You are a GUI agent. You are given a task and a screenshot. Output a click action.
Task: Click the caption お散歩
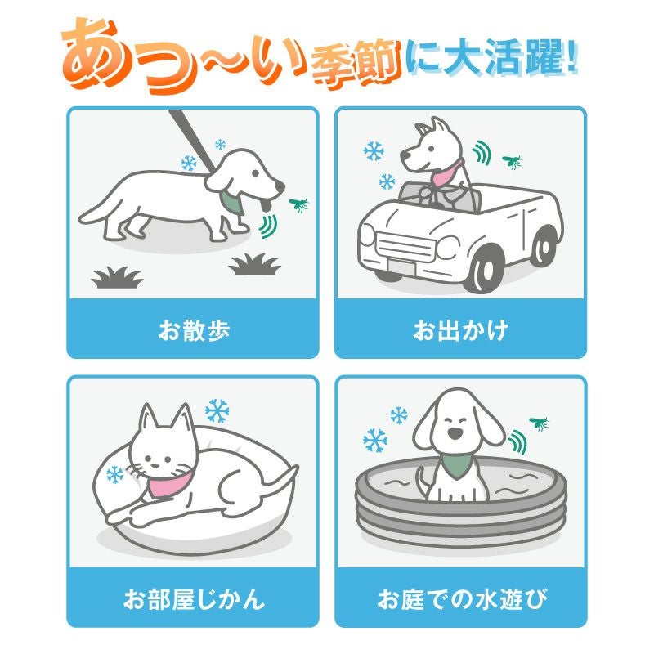(x=194, y=330)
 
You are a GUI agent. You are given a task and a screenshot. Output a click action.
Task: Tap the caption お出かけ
(x=460, y=330)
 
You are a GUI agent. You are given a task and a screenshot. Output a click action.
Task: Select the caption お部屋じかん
(x=194, y=599)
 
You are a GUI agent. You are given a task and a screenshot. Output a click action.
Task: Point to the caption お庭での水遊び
(x=462, y=599)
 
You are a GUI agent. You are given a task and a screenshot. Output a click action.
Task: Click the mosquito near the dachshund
(x=298, y=205)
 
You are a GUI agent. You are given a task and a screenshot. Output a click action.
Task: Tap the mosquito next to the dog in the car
(x=513, y=161)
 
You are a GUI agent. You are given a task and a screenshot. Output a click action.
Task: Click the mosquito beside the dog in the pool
(x=539, y=423)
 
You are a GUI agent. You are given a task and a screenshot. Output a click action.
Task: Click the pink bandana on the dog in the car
(x=446, y=172)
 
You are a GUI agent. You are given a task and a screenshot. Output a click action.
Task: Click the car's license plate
(x=401, y=267)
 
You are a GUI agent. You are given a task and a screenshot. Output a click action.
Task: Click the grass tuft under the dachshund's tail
(x=117, y=278)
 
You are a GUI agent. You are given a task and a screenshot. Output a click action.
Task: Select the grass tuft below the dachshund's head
(x=254, y=264)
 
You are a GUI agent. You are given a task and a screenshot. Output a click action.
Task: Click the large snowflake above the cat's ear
(x=217, y=411)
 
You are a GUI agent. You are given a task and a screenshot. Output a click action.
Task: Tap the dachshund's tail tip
(x=81, y=218)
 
